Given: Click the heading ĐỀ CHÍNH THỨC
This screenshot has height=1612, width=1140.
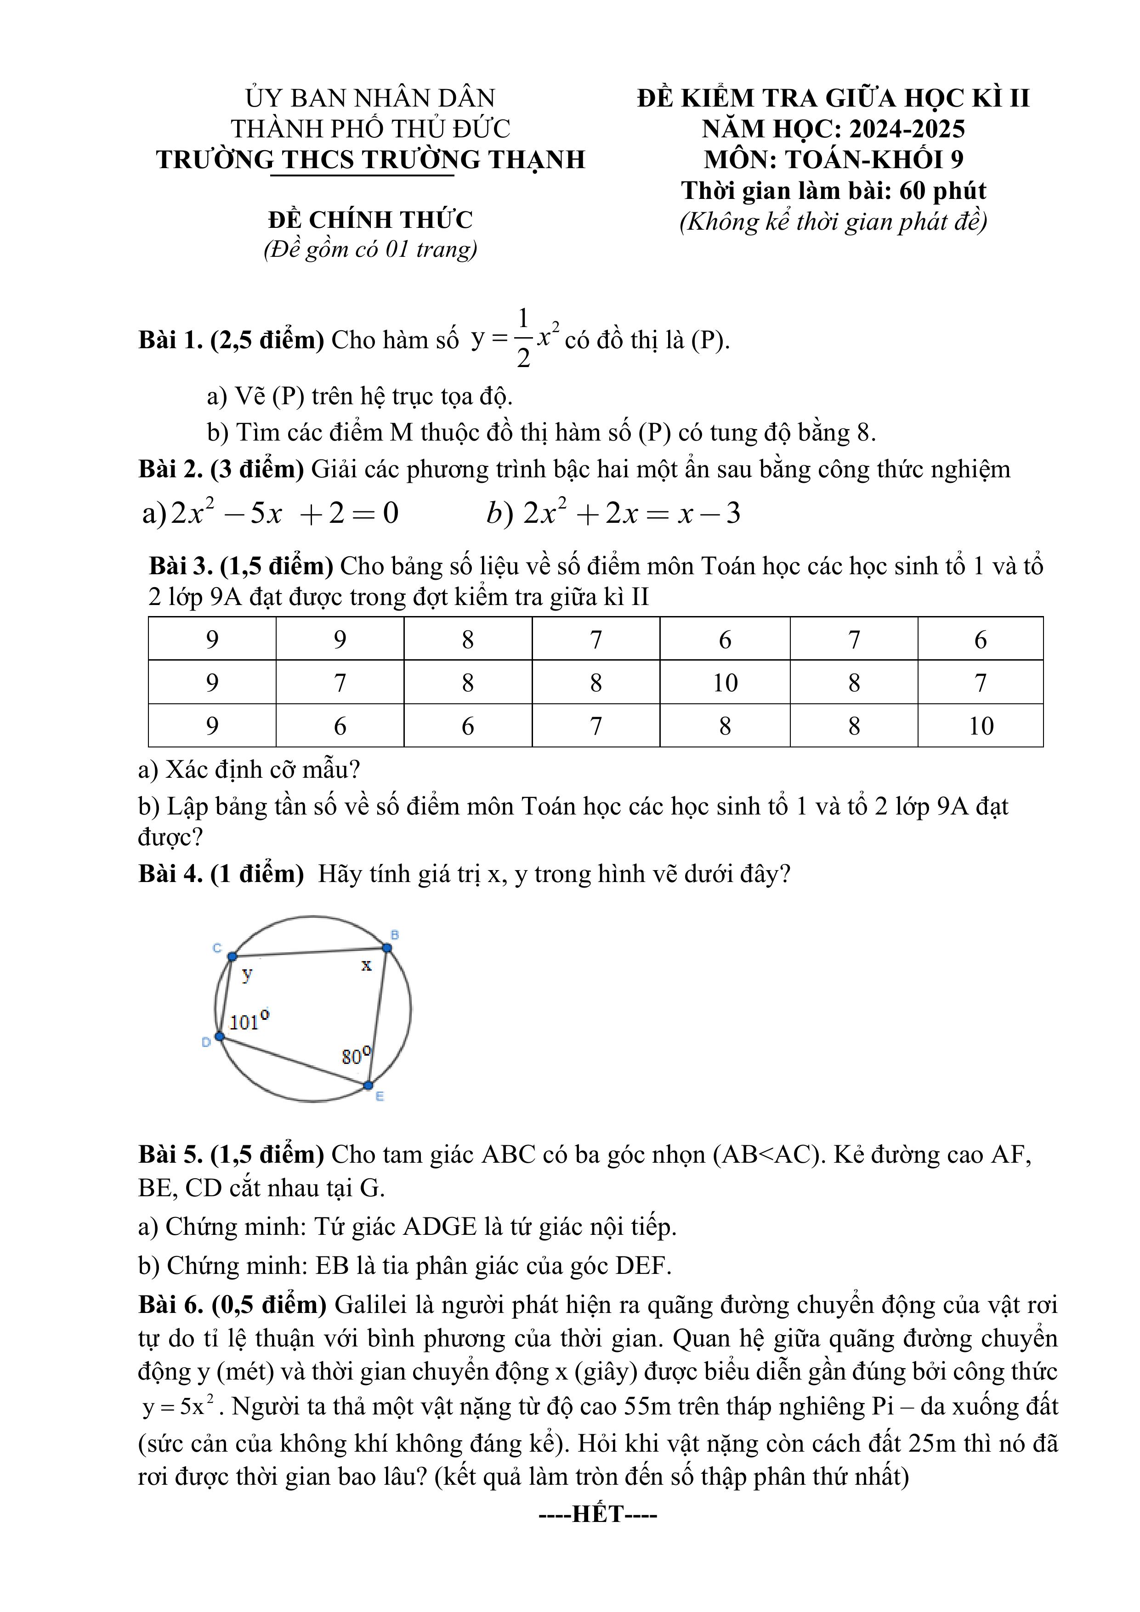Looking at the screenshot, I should pyautogui.click(x=370, y=220).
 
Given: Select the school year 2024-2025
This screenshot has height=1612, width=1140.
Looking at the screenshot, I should pyautogui.click(x=907, y=129).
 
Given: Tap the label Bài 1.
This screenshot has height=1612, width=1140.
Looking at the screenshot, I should pyautogui.click(x=170, y=340).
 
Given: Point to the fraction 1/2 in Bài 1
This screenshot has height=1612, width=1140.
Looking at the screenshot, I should pyautogui.click(x=523, y=339).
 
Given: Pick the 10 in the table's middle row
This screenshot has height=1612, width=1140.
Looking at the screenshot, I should pyautogui.click(x=725, y=683).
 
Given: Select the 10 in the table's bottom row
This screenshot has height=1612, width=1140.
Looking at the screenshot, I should pyautogui.click(x=981, y=726).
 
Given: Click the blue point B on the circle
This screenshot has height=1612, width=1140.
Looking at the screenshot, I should pyautogui.click(x=387, y=948).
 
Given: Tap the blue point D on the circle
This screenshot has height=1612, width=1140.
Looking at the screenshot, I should pyautogui.click(x=220, y=1037).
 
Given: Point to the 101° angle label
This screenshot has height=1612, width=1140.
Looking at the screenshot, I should pyautogui.click(x=249, y=1020).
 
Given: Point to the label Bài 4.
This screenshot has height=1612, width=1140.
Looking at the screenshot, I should pyautogui.click(x=170, y=873).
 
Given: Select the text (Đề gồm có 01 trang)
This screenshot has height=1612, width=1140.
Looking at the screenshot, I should pyautogui.click(x=370, y=249).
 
